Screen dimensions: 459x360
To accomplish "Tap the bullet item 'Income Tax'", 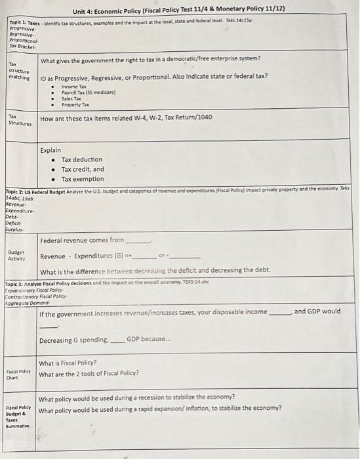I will [x=74, y=87].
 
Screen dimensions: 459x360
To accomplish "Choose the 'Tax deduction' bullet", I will [x=82, y=159].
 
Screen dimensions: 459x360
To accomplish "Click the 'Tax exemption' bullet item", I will [x=83, y=179].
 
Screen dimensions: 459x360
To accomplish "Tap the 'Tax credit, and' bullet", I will [x=83, y=169].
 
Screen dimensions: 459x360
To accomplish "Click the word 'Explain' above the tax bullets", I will [x=50, y=150].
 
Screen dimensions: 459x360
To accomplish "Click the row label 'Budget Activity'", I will [x=16, y=255].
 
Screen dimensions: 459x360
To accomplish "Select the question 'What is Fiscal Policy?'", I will [x=68, y=363].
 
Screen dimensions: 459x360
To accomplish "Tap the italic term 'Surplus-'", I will [x=14, y=229].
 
